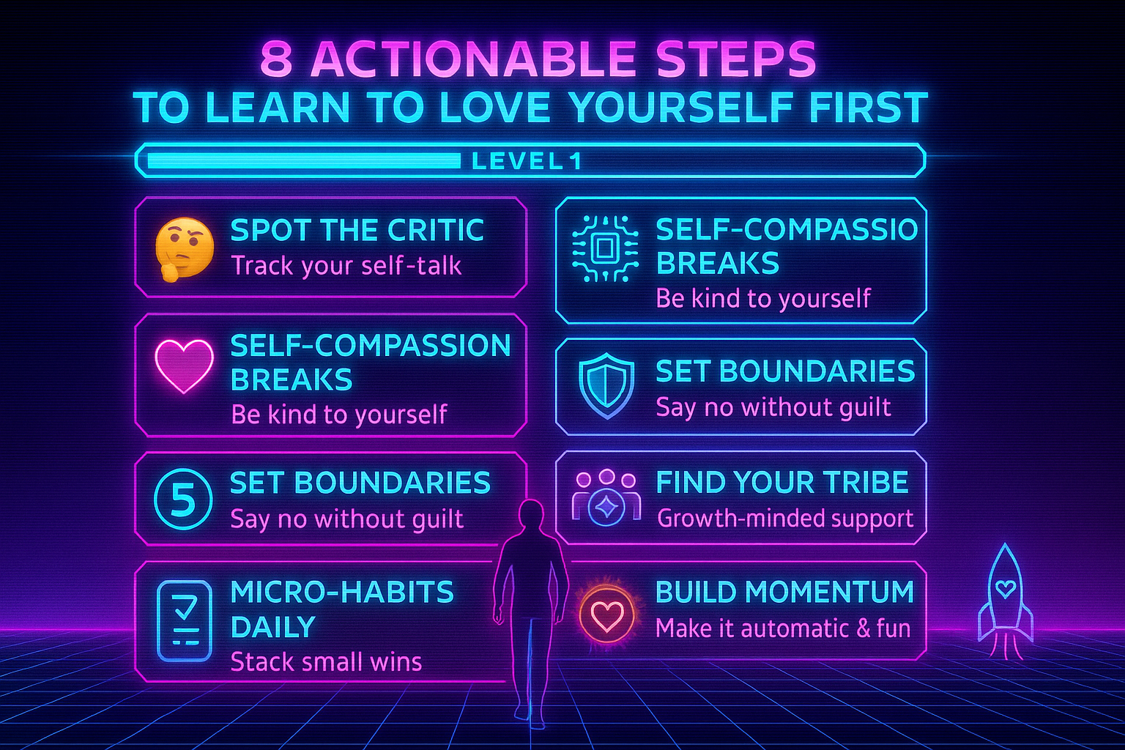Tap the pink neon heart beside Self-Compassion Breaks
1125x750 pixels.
coord(184,365)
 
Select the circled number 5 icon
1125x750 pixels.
coord(183,499)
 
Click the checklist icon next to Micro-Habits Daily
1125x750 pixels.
coord(185,621)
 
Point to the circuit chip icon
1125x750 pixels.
coord(604,249)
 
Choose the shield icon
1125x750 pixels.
coord(606,386)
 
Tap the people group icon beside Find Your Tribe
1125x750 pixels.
coord(606,498)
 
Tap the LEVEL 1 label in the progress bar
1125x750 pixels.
coord(527,161)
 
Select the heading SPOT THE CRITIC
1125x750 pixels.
coord(357,230)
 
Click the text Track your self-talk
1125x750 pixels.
coord(346,265)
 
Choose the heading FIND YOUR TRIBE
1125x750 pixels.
coord(781,483)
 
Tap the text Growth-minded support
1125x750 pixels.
coord(784,519)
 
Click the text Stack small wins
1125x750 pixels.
coord(326,662)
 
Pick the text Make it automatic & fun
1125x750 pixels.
coord(782,628)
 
